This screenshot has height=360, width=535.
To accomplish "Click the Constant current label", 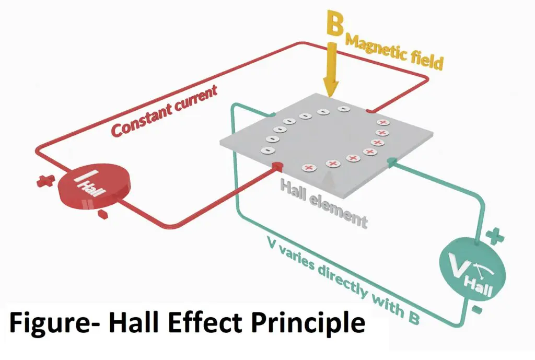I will [x=164, y=112].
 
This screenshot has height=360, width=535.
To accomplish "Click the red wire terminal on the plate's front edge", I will [x=277, y=166].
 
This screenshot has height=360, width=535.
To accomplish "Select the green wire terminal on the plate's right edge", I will [x=390, y=163].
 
